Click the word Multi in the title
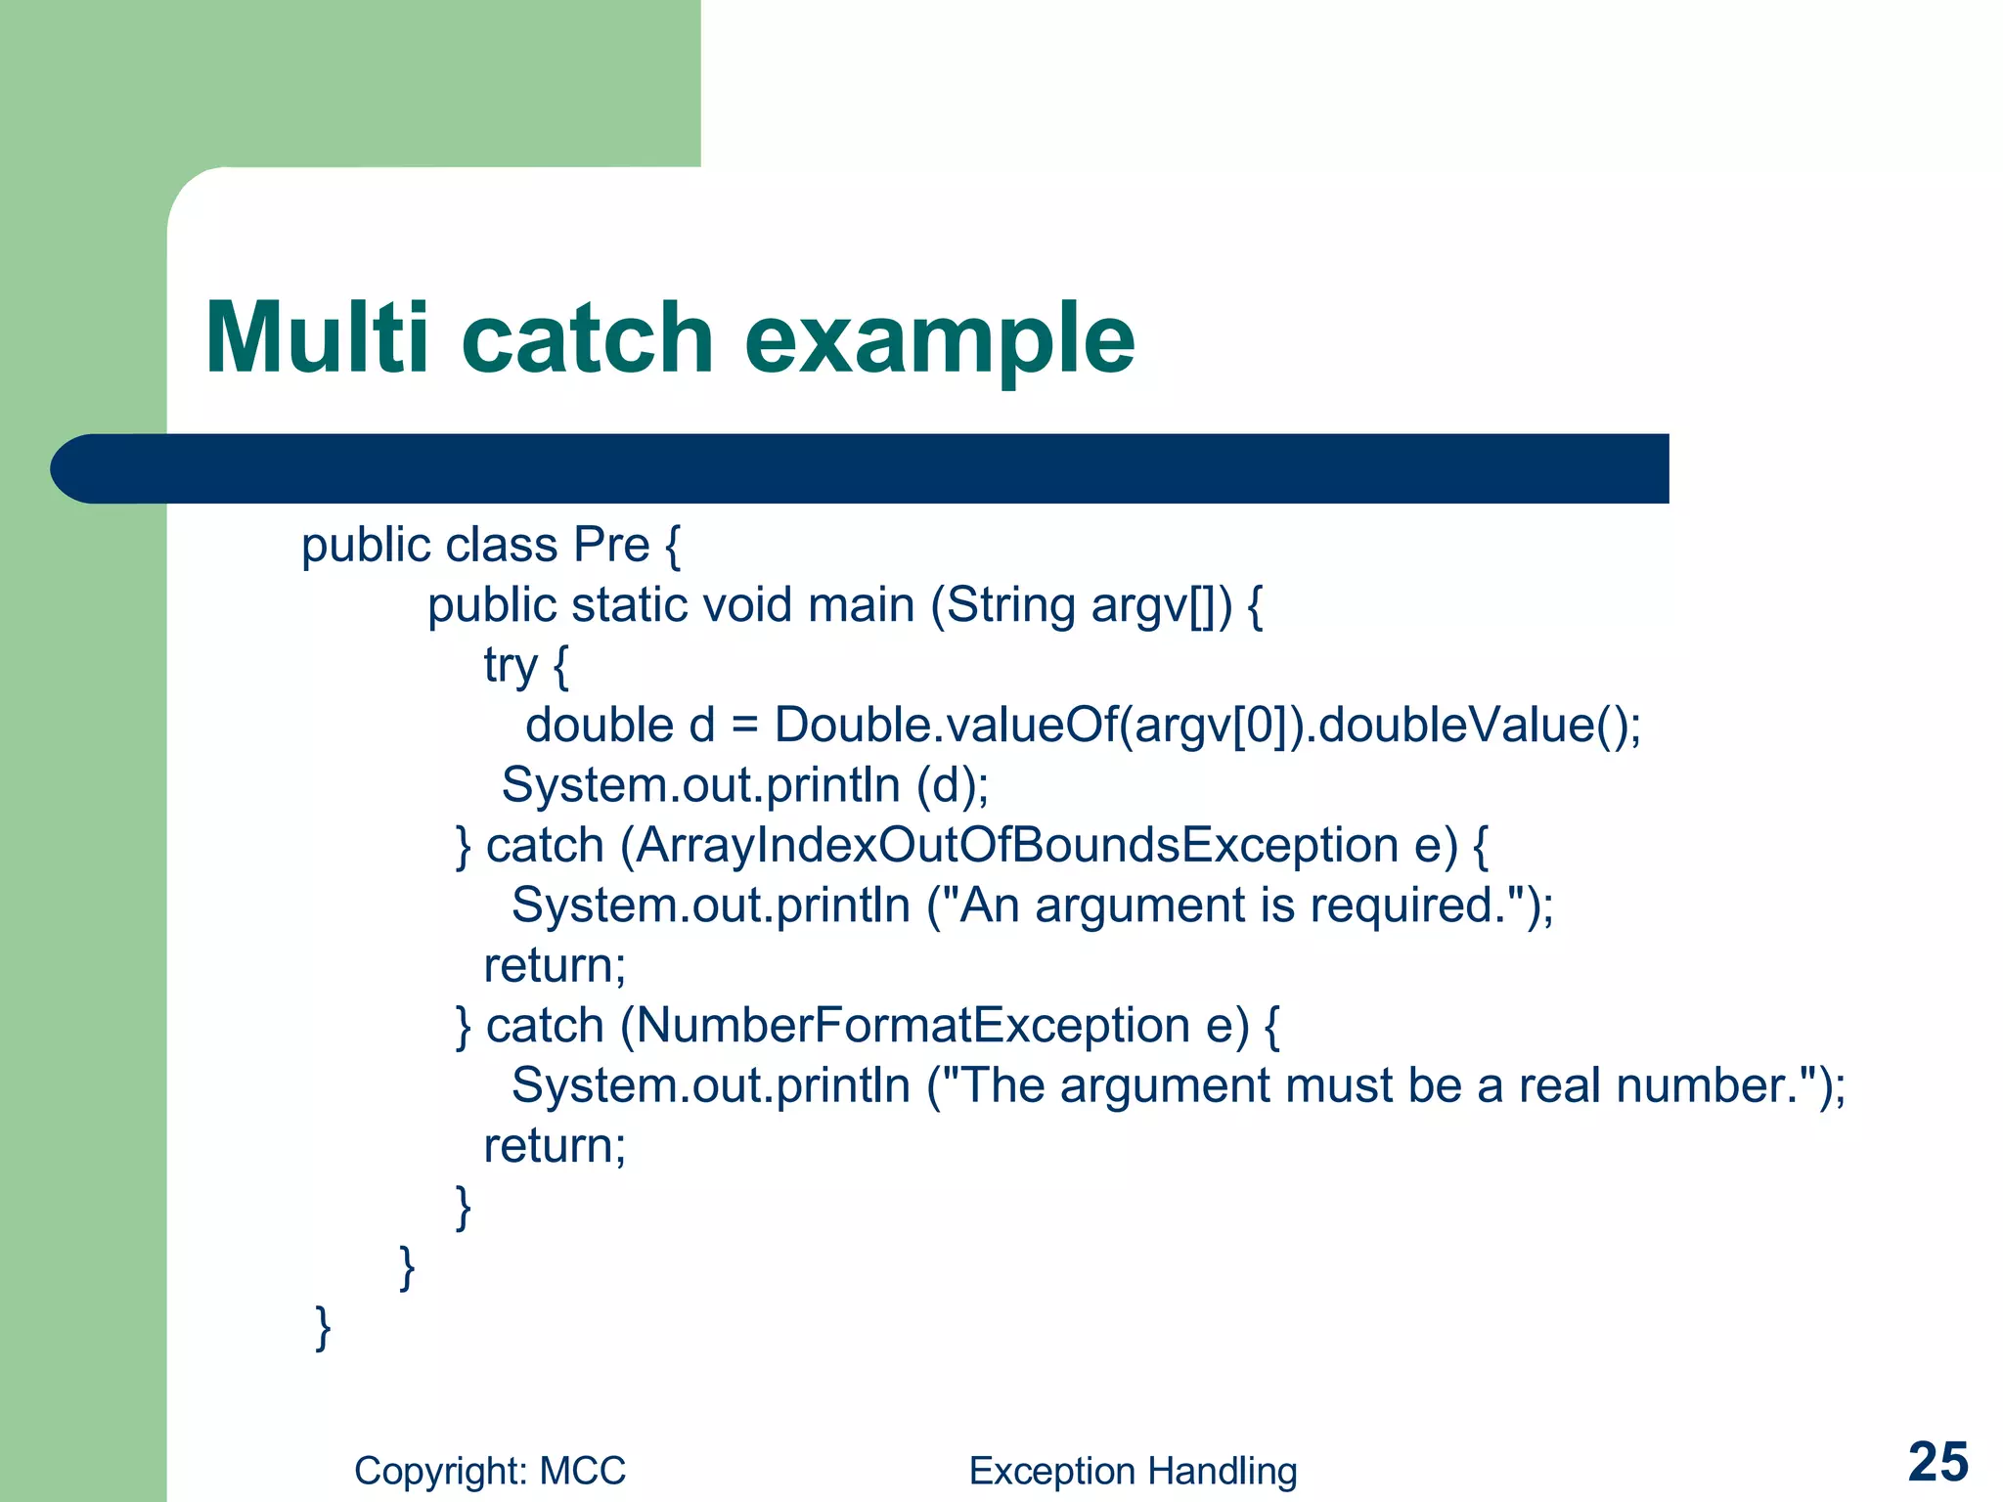[x=316, y=338]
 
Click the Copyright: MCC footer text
[x=490, y=1471]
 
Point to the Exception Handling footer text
[x=1133, y=1471]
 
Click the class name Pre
[x=611, y=545]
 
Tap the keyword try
[x=511, y=667]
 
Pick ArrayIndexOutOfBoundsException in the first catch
[x=1017, y=846]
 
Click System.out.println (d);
[x=745, y=785]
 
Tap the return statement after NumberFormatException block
[x=555, y=1146]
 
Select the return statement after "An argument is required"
[x=555, y=966]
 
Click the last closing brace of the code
[x=323, y=1327]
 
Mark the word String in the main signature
[x=1010, y=605]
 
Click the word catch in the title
[x=587, y=338]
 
